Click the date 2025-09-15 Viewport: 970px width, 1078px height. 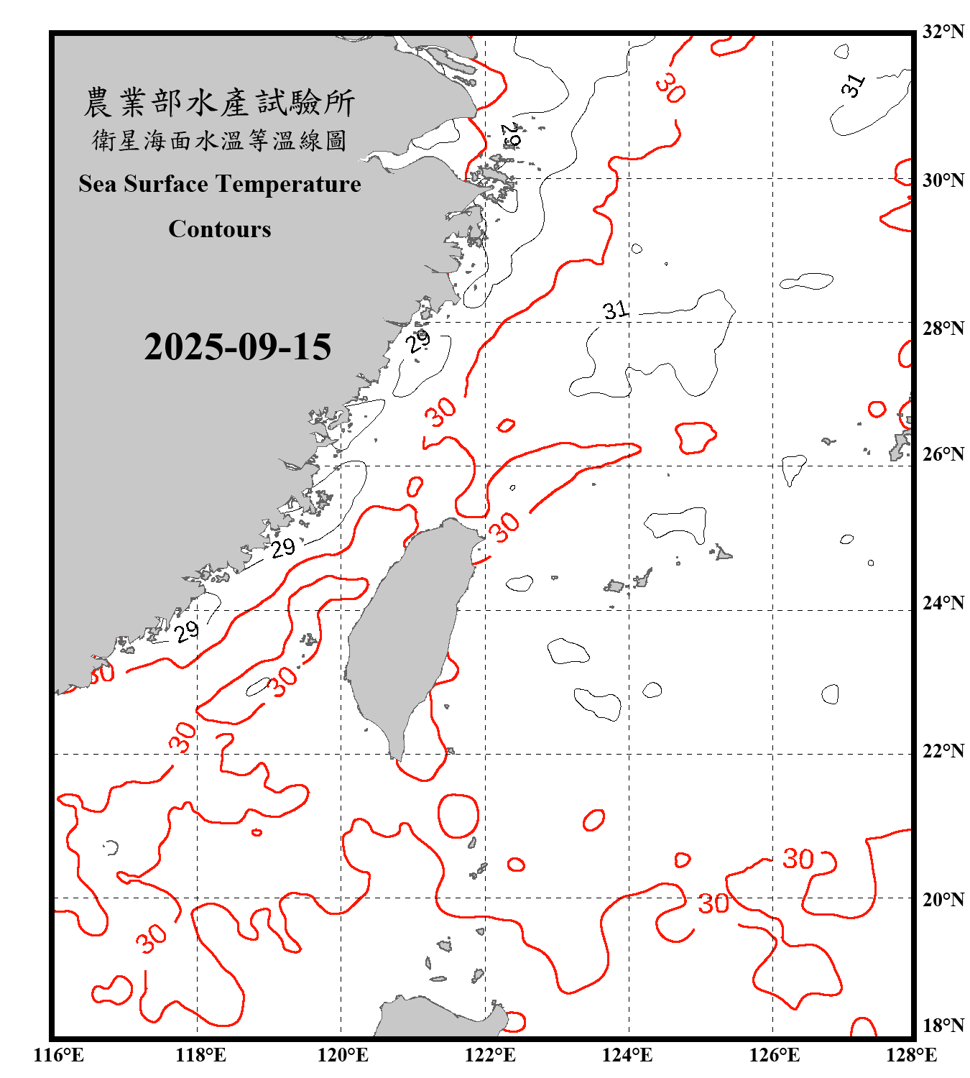pyautogui.click(x=237, y=347)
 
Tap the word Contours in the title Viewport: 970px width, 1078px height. pyautogui.click(x=219, y=229)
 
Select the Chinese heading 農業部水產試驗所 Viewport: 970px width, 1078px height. pyautogui.click(x=219, y=103)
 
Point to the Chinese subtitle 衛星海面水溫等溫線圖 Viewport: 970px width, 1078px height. pyautogui.click(x=219, y=140)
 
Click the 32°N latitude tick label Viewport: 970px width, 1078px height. pyautogui.click(x=943, y=32)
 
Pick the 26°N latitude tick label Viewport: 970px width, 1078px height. pyautogui.click(x=943, y=454)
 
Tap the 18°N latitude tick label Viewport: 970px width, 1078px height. pyautogui.click(x=943, y=1026)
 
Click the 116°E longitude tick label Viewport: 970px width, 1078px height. pyautogui.click(x=58, y=1055)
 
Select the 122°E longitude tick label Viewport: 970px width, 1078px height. pyautogui.click(x=490, y=1055)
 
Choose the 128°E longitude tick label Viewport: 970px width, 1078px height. pyautogui.click(x=911, y=1055)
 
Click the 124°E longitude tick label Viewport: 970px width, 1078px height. pyautogui.click(x=627, y=1055)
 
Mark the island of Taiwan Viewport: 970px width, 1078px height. pyautogui.click(x=406, y=632)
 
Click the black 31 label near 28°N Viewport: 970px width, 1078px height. pyautogui.click(x=615, y=310)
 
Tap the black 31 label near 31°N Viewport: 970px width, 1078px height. pyautogui.click(x=854, y=86)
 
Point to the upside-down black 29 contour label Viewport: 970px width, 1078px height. pyautogui.click(x=511, y=134)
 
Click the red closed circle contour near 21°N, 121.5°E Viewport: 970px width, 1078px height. pyautogui.click(x=458, y=816)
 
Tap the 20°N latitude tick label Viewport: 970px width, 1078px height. pyautogui.click(x=943, y=899)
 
